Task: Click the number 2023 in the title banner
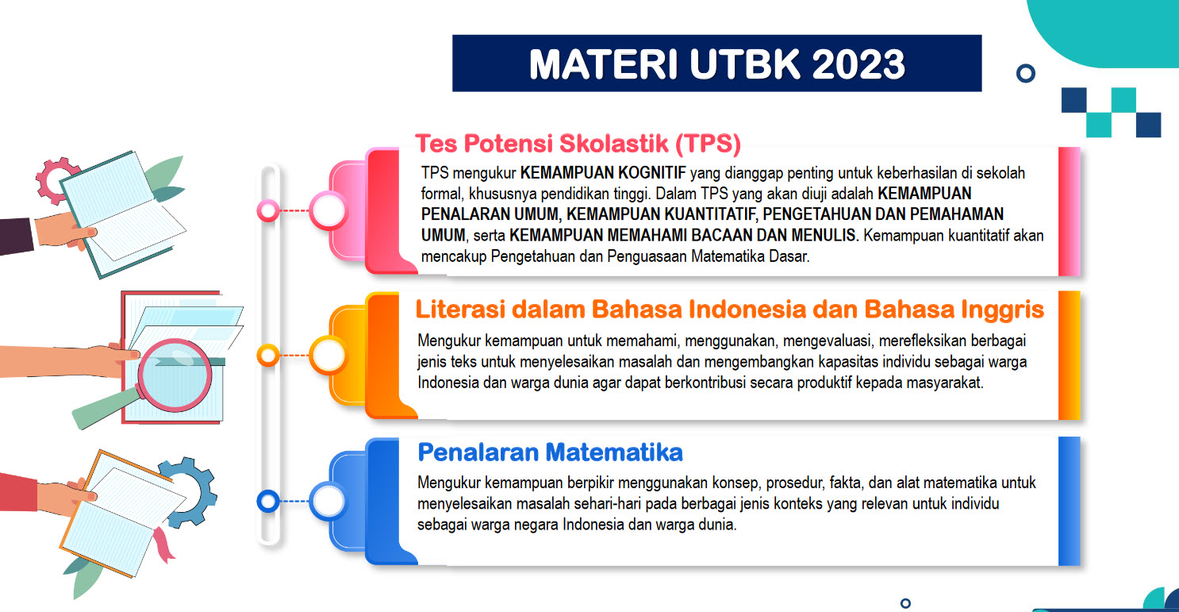pos(858,64)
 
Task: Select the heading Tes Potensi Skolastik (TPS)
pos(578,144)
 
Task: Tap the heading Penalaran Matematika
pos(550,452)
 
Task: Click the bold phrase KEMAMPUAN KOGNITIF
pos(603,173)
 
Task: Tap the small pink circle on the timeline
pos(268,210)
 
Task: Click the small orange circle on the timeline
pos(268,356)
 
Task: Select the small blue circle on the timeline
pos(268,501)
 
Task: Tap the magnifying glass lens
pos(175,375)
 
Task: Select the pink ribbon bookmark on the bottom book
pos(164,545)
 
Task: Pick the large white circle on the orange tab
pos(328,356)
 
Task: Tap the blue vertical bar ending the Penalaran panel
pos(1069,501)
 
